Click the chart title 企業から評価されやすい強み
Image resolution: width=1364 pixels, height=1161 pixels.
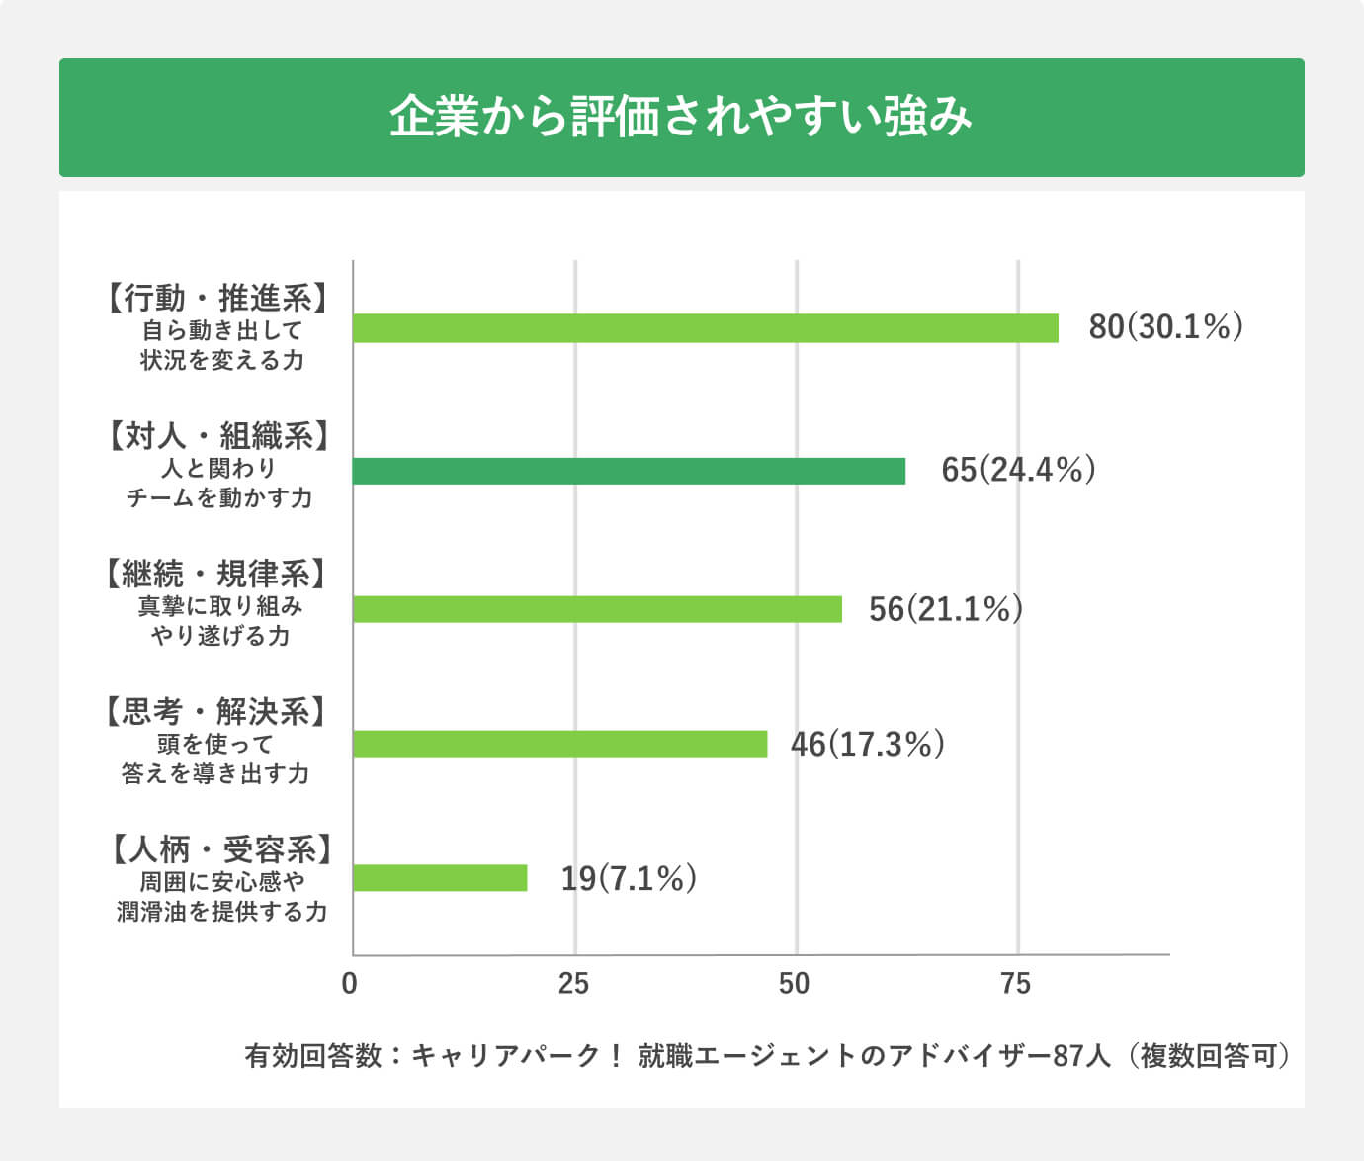681,117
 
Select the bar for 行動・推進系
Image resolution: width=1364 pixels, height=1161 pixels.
705,328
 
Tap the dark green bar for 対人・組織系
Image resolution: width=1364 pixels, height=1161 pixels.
629,471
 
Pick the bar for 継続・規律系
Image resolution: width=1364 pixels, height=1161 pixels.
597,609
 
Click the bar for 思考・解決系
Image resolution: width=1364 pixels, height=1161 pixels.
559,744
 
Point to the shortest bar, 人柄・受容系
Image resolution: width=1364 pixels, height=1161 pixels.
440,878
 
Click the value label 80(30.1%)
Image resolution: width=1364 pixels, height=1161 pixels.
1165,327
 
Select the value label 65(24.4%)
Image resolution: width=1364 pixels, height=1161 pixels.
1018,470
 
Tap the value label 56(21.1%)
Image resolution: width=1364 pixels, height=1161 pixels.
945,609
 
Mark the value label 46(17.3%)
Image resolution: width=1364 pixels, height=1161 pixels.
867,744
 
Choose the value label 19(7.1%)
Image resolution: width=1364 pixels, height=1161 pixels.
629,878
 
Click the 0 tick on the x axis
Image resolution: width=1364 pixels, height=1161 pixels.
349,984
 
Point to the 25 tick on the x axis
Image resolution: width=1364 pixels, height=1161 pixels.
573,984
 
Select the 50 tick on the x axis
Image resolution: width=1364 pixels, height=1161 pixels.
794,984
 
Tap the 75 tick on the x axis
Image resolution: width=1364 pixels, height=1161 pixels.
1015,984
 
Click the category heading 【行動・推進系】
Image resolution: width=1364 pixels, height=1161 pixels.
217,298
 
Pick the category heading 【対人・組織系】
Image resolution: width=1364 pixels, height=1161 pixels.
217,435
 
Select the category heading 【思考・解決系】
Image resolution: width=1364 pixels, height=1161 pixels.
215,711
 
